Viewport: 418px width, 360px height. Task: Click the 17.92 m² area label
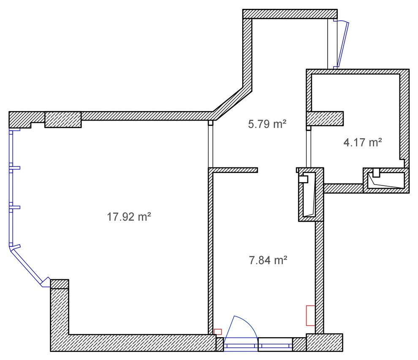point(129,218)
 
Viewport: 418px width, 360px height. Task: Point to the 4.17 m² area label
point(363,142)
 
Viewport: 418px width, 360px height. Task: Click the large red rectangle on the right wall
point(310,315)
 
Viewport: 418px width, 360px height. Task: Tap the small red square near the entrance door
point(218,332)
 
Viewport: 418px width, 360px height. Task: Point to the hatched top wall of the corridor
point(290,14)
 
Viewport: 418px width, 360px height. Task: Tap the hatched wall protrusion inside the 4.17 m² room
point(325,119)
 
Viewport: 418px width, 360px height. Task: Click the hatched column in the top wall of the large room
point(63,120)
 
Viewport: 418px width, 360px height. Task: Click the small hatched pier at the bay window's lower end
point(60,284)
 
